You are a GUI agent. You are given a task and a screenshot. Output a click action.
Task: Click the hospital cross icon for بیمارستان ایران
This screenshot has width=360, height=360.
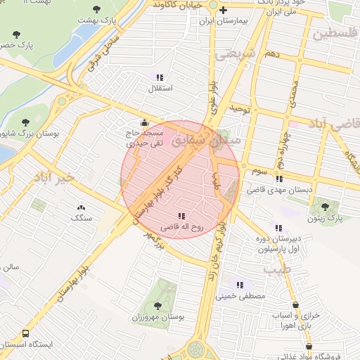224,10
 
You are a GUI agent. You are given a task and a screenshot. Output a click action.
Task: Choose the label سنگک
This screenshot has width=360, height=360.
81,219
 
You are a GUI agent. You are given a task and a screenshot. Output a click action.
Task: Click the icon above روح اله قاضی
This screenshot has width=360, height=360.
181,216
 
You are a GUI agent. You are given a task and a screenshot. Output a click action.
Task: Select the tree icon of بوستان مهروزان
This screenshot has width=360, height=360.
157,306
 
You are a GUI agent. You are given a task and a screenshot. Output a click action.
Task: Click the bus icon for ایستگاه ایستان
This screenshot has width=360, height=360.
26,333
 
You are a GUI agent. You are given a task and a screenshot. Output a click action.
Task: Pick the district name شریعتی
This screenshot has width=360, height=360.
233,57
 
